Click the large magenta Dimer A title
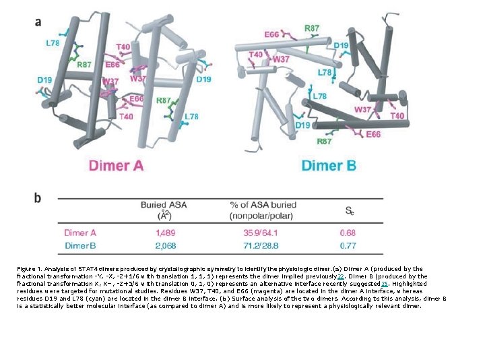click(116, 165)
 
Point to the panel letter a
click(38, 22)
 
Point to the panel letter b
click(38, 198)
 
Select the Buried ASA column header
click(164, 210)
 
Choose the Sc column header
click(350, 210)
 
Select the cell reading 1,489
click(164, 233)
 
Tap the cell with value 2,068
click(164, 245)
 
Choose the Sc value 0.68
click(350, 233)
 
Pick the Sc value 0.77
click(350, 245)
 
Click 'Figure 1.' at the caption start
click(31, 269)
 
